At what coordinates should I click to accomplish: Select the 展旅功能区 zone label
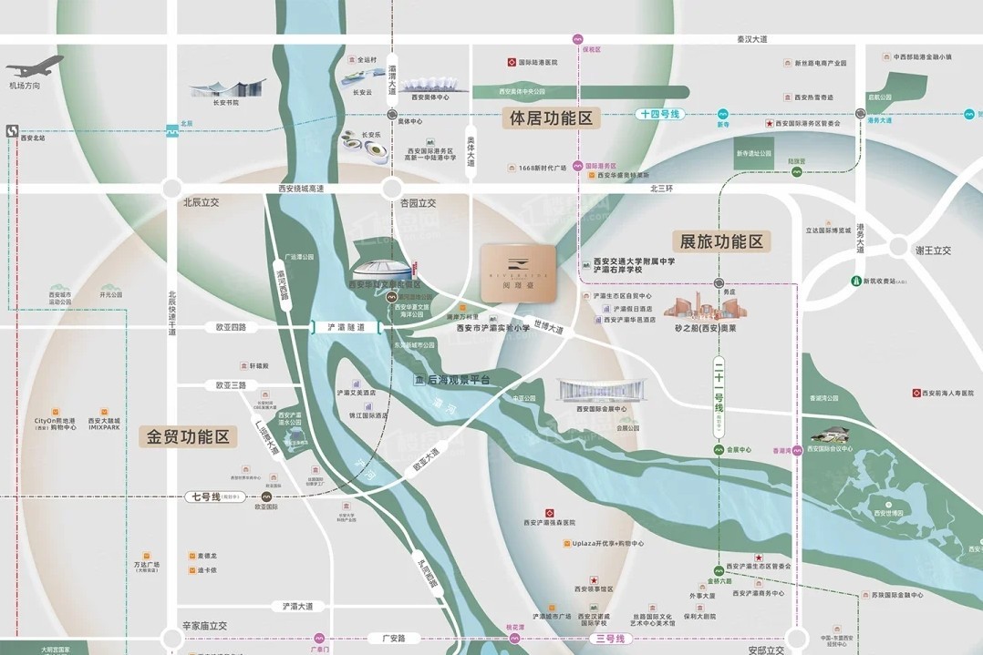(x=721, y=241)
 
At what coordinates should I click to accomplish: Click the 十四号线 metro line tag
(x=660, y=115)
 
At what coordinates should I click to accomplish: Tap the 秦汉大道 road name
(x=752, y=39)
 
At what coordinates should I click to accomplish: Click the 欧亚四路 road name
(x=232, y=326)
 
